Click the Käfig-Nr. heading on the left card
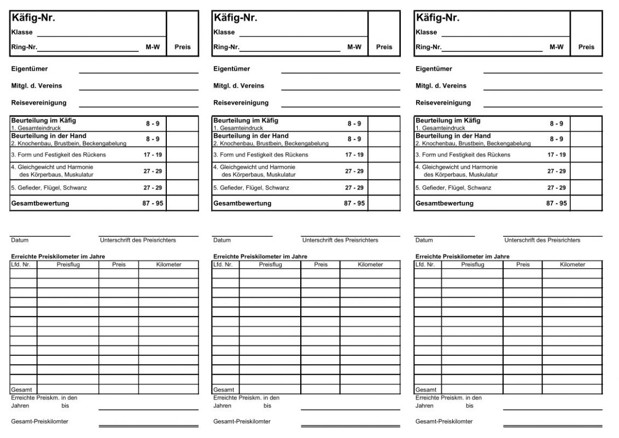click(x=33, y=18)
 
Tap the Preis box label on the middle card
click(x=384, y=47)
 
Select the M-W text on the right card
click(x=557, y=47)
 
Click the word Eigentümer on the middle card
click(x=231, y=69)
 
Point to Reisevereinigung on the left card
click(x=38, y=102)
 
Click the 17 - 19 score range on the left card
click(x=153, y=155)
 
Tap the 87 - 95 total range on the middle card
click(x=354, y=203)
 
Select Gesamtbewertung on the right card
click(x=445, y=203)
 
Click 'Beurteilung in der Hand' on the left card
click(x=49, y=136)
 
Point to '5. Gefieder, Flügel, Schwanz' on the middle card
click(x=251, y=188)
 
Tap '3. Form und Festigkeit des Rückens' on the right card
click(x=463, y=155)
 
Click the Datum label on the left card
click(x=20, y=240)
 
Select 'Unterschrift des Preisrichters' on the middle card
click(x=340, y=240)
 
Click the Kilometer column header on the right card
click(x=572, y=264)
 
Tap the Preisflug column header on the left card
click(x=68, y=264)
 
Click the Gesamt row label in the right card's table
click(x=424, y=390)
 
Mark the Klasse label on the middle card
click(x=224, y=32)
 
